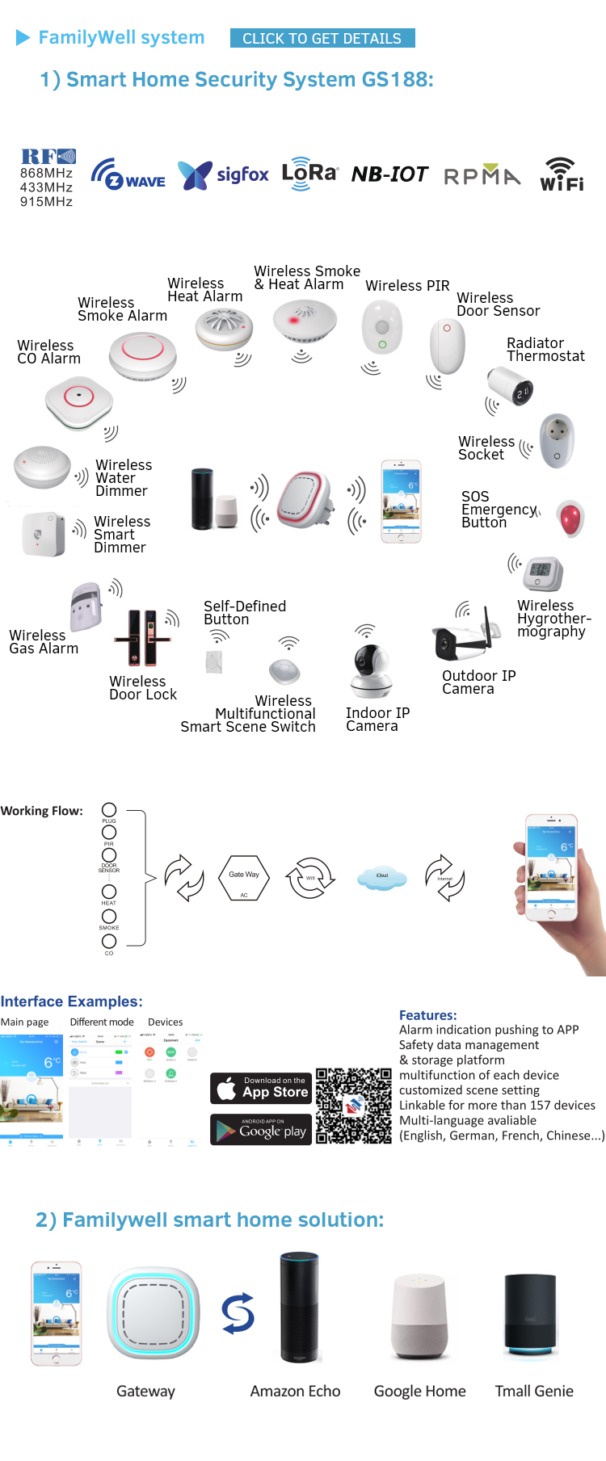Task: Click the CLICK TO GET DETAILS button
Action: coord(322,38)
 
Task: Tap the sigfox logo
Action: coord(223,174)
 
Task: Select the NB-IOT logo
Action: coord(389,174)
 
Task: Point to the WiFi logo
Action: coord(562,174)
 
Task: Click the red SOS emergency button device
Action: coord(570,518)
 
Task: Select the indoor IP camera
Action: coord(371,670)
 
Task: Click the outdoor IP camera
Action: coord(461,635)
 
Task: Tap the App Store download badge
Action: coord(261,1088)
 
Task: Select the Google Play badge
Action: coord(261,1130)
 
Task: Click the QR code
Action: coord(353,1106)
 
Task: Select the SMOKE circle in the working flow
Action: coord(109,917)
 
